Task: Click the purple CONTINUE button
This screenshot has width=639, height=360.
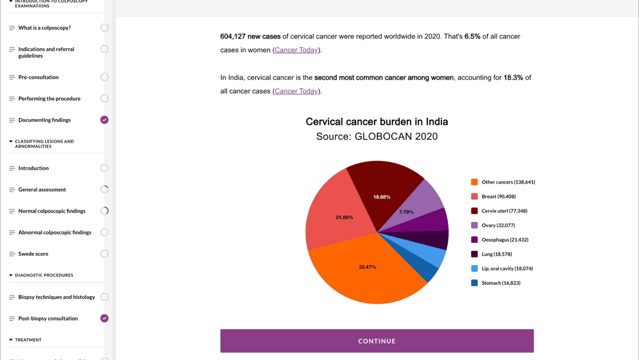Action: [x=377, y=341]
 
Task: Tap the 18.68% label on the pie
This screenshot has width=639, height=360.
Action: [x=382, y=197]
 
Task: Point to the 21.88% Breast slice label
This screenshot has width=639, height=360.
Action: [x=344, y=217]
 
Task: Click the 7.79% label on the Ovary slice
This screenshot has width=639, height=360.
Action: [x=406, y=212]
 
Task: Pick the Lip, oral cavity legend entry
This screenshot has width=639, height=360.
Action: [x=506, y=268]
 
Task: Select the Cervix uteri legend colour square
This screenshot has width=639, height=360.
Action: [x=475, y=211]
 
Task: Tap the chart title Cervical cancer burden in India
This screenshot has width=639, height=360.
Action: [x=377, y=122]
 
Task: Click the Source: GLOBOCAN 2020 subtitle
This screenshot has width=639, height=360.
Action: [x=377, y=137]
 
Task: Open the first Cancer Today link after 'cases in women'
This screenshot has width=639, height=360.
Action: [x=296, y=50]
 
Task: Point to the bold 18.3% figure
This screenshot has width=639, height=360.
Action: [x=513, y=78]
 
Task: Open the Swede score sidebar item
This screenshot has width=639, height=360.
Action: [x=33, y=254]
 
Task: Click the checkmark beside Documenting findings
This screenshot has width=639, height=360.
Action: [x=104, y=120]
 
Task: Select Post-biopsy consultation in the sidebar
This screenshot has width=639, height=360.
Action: [x=48, y=319]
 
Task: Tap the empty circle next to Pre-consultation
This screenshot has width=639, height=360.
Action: [x=104, y=77]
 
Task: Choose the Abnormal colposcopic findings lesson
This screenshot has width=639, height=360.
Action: [x=54, y=233]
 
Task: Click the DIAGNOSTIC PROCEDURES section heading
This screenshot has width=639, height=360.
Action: [x=44, y=275]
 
